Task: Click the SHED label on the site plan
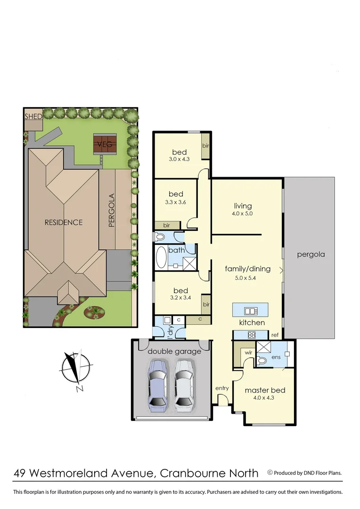click(33, 116)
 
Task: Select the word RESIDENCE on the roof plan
click(64, 222)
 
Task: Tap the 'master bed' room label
click(265, 390)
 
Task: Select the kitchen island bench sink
click(250, 311)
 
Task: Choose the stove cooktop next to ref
click(252, 335)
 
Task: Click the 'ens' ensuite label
click(277, 357)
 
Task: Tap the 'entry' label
click(222, 388)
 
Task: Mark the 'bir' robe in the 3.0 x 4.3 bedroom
click(205, 146)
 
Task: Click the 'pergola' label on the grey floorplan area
click(311, 254)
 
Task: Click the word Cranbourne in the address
click(193, 473)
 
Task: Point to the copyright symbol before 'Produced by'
click(270, 472)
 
